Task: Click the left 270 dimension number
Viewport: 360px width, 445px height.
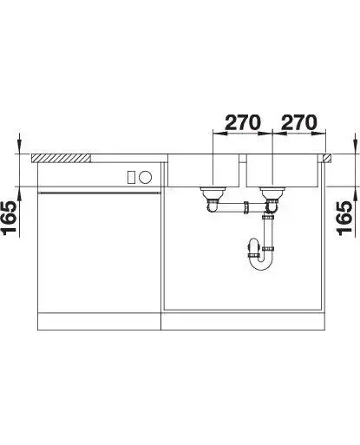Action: pos(243,122)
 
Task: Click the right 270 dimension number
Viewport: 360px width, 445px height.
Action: pos(299,122)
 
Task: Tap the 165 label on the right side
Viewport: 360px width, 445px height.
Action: pos(344,219)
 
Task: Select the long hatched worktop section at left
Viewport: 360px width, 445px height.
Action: pos(61,158)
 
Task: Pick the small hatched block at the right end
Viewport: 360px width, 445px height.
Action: pos(327,158)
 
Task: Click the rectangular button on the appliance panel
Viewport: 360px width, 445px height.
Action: pos(131,177)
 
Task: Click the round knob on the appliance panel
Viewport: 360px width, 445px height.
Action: pos(145,177)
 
